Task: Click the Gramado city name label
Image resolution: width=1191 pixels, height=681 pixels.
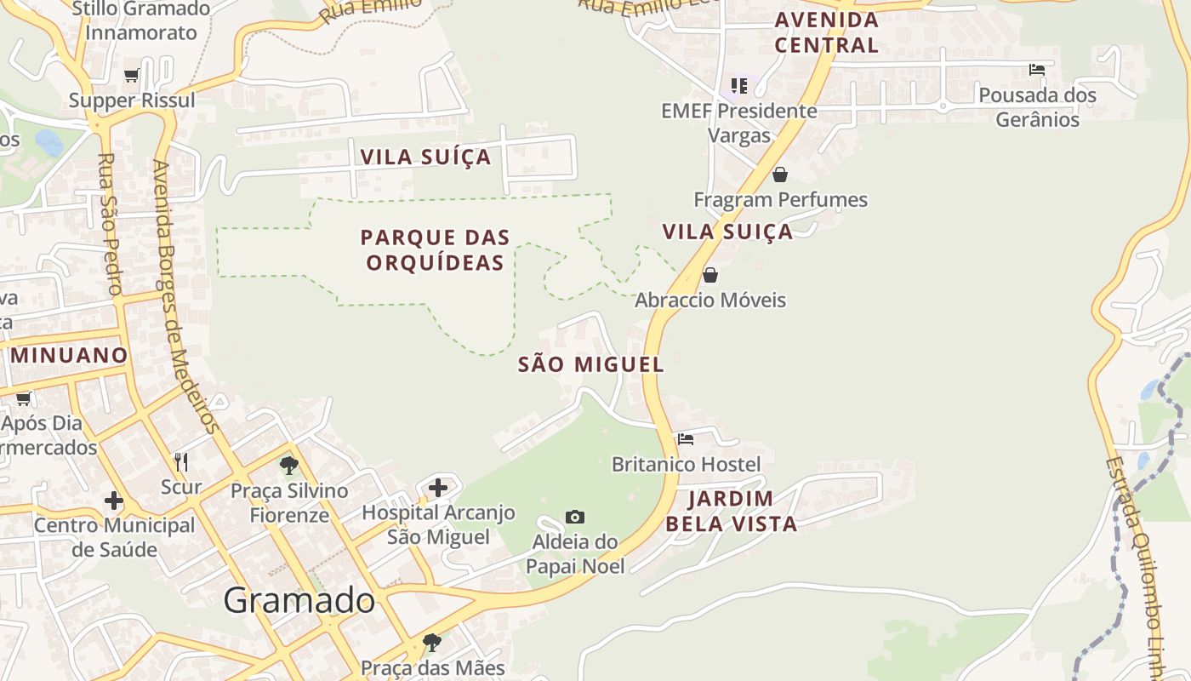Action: [x=299, y=601]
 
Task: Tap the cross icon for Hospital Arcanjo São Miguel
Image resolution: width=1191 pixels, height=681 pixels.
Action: [x=438, y=488]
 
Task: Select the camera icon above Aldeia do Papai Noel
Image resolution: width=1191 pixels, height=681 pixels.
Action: [x=575, y=517]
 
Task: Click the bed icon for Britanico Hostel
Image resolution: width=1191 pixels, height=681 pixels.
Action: [x=686, y=439]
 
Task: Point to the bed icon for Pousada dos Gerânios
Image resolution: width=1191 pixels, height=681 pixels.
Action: [x=1037, y=70]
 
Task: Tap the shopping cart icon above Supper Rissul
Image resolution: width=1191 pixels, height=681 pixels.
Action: [x=132, y=76]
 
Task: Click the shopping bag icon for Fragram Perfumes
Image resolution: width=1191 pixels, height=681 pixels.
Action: [x=779, y=175]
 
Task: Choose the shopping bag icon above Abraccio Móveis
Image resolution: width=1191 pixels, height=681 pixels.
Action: [x=710, y=275]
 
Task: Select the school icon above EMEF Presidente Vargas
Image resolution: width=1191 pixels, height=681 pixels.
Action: [x=739, y=85]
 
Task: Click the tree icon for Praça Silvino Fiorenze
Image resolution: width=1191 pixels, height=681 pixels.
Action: [x=289, y=466]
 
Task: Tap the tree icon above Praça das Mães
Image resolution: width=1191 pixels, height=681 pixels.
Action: [x=432, y=642]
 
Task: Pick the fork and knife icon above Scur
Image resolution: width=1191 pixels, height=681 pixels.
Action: [x=181, y=461]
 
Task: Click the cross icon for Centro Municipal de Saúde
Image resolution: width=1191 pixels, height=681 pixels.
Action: [x=114, y=501]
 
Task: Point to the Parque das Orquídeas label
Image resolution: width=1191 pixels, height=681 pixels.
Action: [x=435, y=249]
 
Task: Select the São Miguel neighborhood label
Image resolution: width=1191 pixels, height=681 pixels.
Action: [x=590, y=364]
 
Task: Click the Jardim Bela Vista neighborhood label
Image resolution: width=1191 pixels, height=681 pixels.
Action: [x=731, y=511]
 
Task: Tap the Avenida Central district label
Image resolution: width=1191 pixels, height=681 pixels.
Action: [x=826, y=32]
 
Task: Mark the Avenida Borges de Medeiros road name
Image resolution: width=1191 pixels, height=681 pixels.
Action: [x=186, y=298]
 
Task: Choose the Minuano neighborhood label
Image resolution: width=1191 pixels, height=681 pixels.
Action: [x=68, y=355]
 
